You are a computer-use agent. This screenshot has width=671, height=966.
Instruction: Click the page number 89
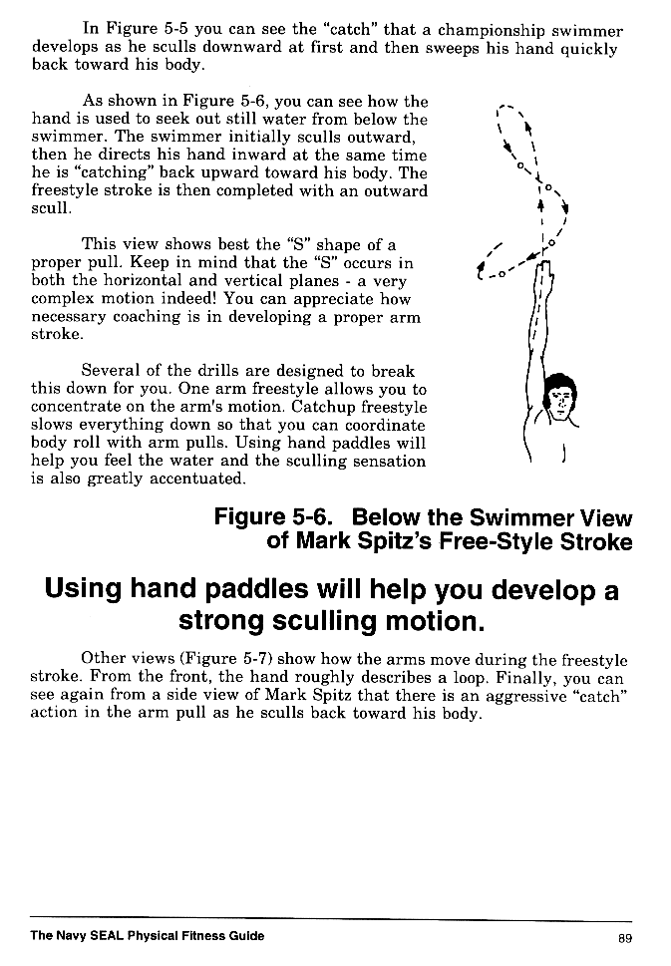click(625, 937)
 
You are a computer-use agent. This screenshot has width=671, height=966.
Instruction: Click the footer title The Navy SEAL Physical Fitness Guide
click(148, 936)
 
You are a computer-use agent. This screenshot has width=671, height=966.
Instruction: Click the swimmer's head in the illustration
click(562, 395)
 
